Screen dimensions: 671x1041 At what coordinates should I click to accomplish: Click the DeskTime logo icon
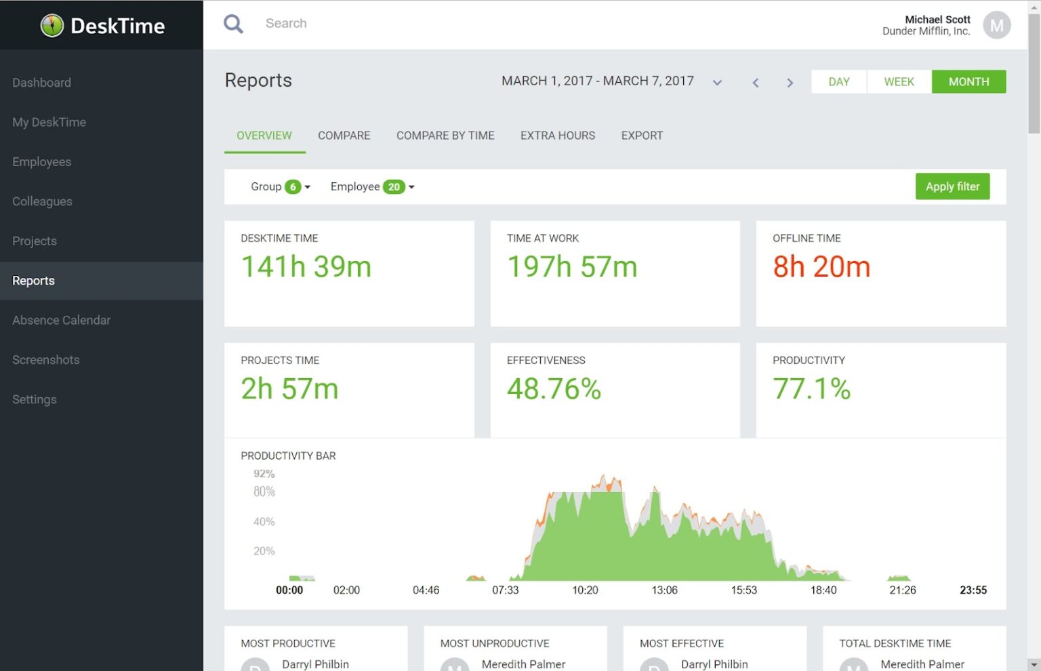52,26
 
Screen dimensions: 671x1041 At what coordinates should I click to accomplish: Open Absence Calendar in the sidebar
61,320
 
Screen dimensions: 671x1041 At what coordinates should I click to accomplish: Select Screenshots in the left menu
45,360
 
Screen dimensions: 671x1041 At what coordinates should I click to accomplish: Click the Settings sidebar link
34,399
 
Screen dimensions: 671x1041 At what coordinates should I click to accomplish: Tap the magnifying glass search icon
233,24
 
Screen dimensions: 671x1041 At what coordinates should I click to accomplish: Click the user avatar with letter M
996,26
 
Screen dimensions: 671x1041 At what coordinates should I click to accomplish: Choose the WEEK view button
899,81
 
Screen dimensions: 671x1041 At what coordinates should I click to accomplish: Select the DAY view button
838,81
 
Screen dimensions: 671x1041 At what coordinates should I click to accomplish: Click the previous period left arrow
755,83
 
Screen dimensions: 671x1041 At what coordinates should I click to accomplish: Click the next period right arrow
790,83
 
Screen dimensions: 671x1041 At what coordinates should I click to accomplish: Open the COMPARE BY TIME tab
445,136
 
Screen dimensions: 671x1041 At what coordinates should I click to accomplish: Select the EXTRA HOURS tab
557,136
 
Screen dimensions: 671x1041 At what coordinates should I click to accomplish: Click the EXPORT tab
642,136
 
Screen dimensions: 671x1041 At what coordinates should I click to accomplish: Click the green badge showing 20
394,187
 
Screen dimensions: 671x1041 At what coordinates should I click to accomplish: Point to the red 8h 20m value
821,267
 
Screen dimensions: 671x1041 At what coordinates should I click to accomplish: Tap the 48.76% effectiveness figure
554,389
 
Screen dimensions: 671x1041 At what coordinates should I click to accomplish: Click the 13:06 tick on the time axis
664,590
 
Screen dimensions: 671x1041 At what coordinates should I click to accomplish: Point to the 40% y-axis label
264,522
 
